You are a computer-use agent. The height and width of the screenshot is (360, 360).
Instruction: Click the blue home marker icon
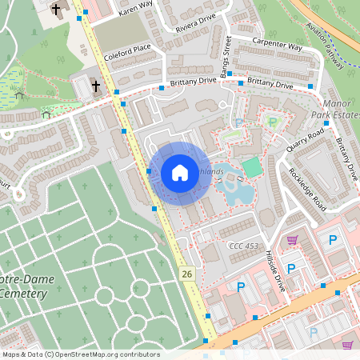(180, 173)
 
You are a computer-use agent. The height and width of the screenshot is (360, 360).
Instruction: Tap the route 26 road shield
(187, 274)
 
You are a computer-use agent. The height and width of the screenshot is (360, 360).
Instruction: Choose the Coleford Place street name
(127, 52)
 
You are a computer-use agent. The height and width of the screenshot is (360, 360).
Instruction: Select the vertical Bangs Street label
(227, 51)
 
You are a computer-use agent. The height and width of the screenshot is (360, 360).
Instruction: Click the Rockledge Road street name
(307, 188)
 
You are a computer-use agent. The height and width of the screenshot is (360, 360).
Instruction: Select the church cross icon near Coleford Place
(95, 86)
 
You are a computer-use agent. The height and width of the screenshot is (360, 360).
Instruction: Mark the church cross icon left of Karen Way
(55, 10)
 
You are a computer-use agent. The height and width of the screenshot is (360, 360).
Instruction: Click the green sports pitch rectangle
(252, 168)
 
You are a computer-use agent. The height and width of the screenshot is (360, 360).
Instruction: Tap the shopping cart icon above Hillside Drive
(293, 240)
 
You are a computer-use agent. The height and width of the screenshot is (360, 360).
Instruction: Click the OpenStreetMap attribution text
(80, 354)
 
